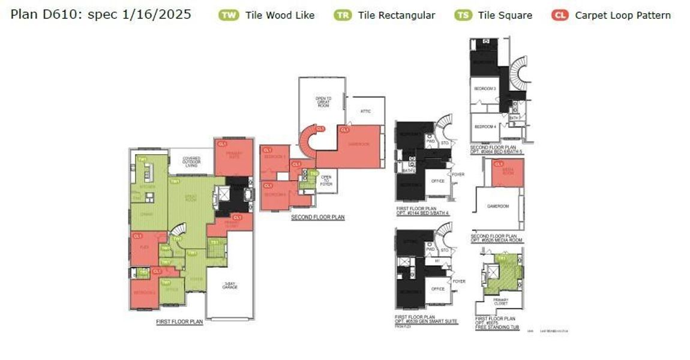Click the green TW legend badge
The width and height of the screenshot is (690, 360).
[229, 15]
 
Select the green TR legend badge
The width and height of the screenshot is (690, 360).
[343, 15]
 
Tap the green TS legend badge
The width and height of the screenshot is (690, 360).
[463, 15]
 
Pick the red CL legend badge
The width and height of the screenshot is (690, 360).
[559, 15]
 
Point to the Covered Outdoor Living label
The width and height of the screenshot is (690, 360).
[191, 162]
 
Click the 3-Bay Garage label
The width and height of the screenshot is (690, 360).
[230, 286]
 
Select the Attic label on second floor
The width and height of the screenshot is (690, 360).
[365, 111]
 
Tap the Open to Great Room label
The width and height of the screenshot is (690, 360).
[323, 101]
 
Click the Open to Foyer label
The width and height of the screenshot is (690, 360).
[326, 179]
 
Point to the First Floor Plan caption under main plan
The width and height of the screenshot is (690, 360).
[179, 322]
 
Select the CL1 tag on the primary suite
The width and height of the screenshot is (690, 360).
[222, 144]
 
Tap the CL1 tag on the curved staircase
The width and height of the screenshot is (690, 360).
[320, 128]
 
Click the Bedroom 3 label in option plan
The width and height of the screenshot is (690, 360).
[485, 88]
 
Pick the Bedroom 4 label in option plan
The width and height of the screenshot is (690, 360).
[485, 127]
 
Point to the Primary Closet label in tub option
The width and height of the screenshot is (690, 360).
[500, 302]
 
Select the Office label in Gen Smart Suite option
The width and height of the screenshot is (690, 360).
[438, 289]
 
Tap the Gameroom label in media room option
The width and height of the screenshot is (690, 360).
[498, 206]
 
